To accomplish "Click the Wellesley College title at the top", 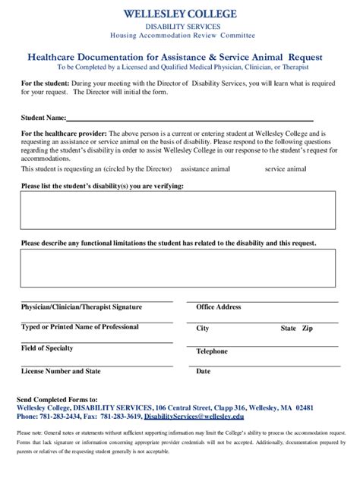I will [180, 14].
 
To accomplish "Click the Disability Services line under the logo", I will [180, 27].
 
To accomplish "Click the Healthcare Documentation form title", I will [175, 57].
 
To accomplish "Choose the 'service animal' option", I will [285, 169].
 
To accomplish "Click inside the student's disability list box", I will [178, 209].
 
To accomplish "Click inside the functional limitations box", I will [178, 268].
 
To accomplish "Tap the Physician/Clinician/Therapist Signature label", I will [81, 307].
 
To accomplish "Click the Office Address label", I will [218, 307].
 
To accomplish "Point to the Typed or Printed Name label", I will [80, 327].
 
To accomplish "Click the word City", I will [203, 329].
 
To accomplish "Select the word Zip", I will [307, 329].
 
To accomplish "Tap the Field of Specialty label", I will [47, 348].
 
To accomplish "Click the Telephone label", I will [212, 351].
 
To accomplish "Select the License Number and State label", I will [61, 371].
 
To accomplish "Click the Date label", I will [204, 371].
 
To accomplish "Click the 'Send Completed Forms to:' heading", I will [57, 399].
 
